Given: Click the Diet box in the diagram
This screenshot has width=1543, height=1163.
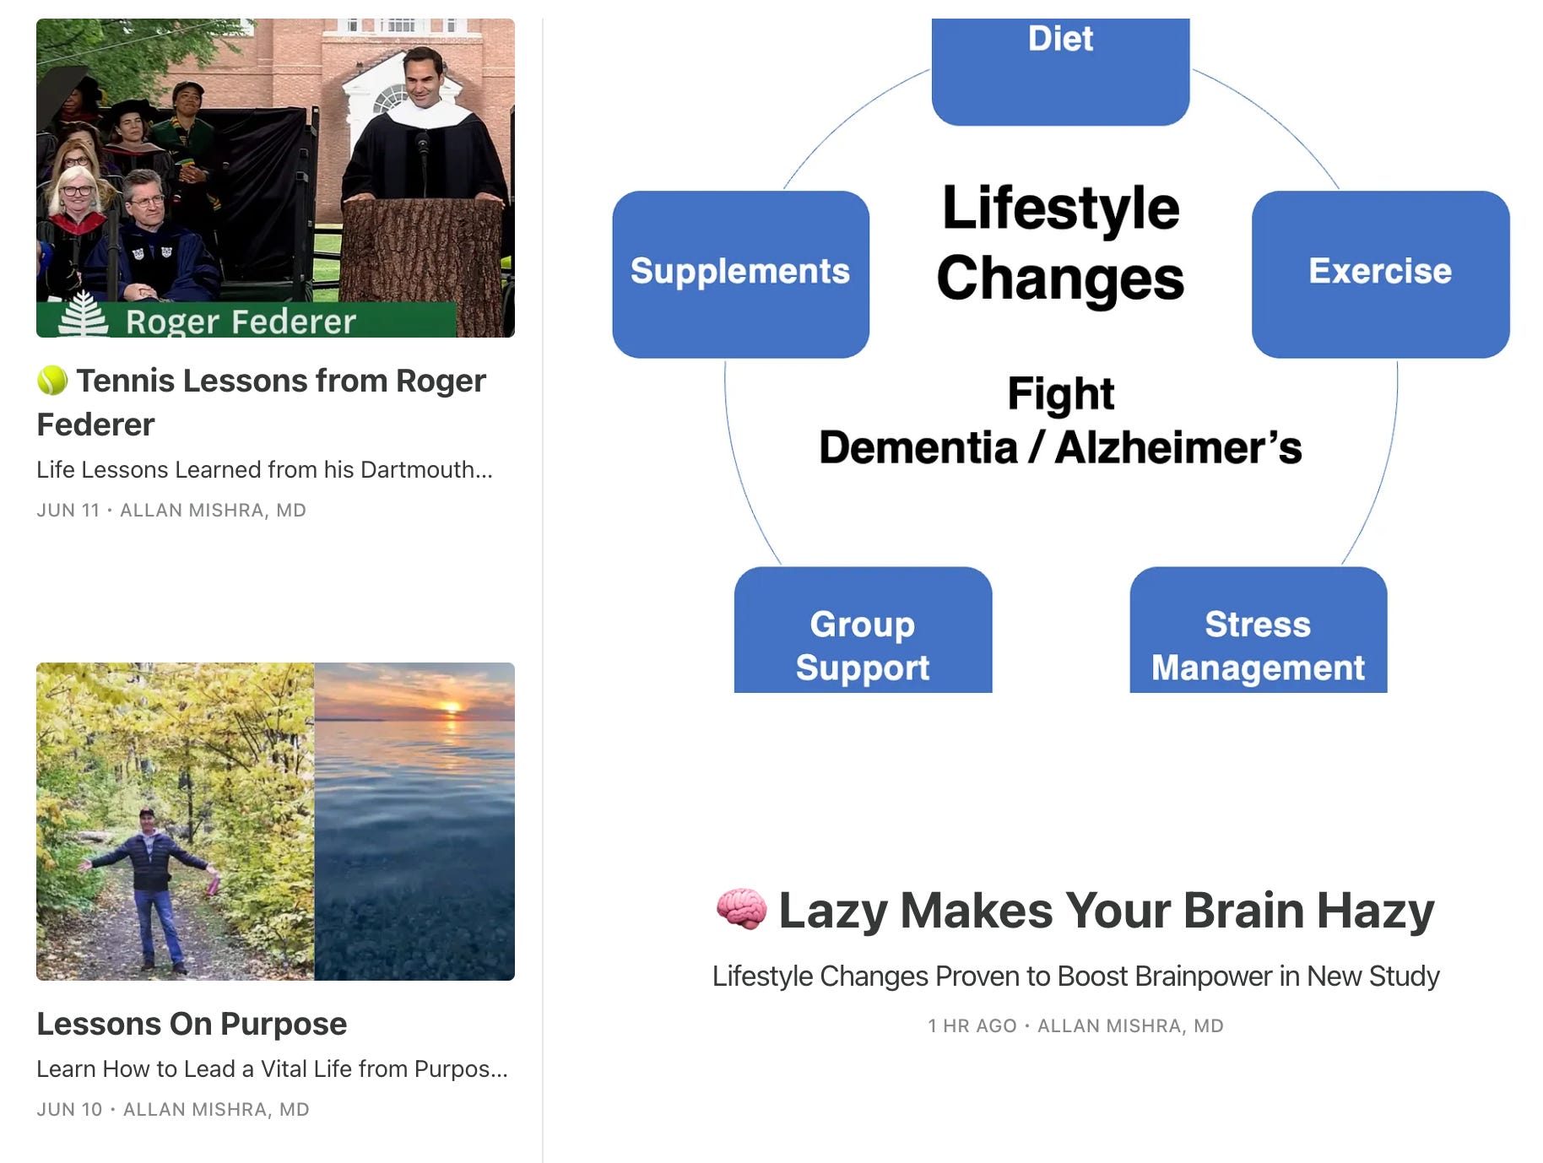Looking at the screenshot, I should (x=1060, y=72).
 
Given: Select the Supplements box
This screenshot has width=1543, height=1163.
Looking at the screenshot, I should (x=740, y=273).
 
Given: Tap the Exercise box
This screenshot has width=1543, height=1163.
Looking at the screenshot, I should (x=1380, y=273).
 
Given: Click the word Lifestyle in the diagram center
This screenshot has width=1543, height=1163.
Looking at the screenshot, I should (x=1060, y=208).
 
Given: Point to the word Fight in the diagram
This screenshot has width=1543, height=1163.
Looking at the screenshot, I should (x=1060, y=394).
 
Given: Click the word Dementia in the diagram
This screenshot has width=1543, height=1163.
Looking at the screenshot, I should (x=918, y=447).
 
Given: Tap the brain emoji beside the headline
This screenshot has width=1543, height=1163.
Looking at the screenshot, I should (x=741, y=910).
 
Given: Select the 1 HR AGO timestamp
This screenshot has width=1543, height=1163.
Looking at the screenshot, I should (x=972, y=1026).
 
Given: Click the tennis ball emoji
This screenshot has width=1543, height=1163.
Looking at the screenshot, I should (x=52, y=381).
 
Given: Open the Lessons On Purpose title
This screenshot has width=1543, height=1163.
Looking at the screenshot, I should (x=192, y=1024).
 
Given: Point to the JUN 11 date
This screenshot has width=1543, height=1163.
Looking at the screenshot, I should (x=68, y=511).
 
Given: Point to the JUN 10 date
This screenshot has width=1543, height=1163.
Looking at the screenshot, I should (x=69, y=1110).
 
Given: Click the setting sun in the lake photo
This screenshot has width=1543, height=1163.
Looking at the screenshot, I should (x=452, y=706).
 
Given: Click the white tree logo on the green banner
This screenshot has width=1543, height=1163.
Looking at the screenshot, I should (x=83, y=316).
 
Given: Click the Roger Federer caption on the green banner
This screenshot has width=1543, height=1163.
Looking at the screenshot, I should (x=241, y=322).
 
